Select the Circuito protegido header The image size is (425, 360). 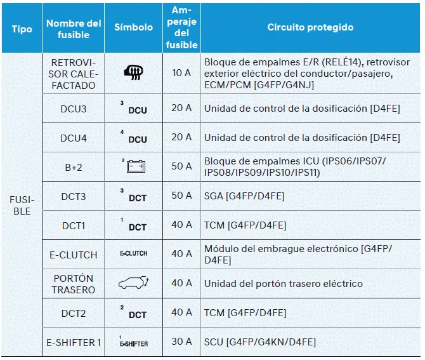(x=310, y=27)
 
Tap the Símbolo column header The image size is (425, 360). (x=133, y=27)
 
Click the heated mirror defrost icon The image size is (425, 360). (x=133, y=73)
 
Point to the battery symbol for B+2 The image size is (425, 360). (x=134, y=166)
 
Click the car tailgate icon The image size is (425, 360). (x=133, y=284)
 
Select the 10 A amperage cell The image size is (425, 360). (x=181, y=73)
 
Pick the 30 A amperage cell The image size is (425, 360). (x=181, y=342)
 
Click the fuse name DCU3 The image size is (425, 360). (x=74, y=109)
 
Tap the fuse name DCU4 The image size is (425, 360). (x=74, y=138)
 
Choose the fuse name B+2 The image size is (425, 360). (x=74, y=166)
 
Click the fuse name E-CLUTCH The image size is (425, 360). (x=74, y=255)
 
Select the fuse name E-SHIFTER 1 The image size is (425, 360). (x=74, y=342)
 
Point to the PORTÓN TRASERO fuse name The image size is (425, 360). (x=74, y=284)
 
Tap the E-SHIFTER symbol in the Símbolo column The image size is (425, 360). (x=133, y=342)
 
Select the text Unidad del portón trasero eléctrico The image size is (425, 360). (x=283, y=284)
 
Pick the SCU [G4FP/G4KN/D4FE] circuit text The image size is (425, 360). (x=259, y=342)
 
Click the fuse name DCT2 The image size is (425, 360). (x=74, y=313)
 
